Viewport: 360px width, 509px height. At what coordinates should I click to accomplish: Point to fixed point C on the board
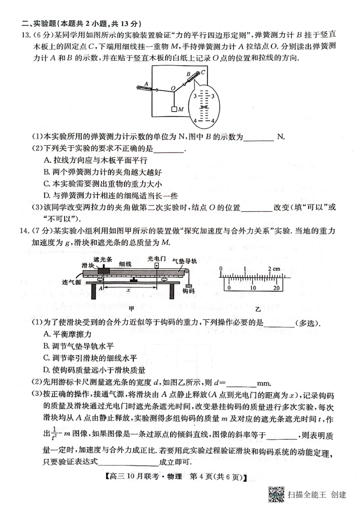203,71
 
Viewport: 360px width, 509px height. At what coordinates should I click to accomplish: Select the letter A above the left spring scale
146,83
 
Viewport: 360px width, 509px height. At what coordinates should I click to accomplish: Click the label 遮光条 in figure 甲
101,259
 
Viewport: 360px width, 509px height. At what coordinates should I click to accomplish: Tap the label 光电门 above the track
156,259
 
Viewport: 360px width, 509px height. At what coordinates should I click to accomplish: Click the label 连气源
71,282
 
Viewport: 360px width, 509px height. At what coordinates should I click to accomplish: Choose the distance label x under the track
128,290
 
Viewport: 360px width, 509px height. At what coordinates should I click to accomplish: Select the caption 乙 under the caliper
258,310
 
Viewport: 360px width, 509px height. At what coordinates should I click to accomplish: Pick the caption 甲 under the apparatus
131,308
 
